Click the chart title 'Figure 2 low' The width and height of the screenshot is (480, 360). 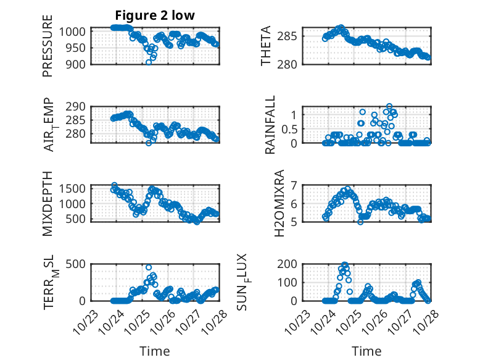pyautogui.click(x=155, y=16)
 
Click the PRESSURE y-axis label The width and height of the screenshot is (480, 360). pyautogui.click(x=48, y=46)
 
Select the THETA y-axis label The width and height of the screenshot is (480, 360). pyautogui.click(x=266, y=46)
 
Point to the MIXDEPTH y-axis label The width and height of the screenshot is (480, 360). pyautogui.click(x=48, y=203)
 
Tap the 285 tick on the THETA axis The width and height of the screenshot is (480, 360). pyautogui.click(x=292, y=36)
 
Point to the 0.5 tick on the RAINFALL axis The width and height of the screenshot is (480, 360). pyautogui.click(x=290, y=128)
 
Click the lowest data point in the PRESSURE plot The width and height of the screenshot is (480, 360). pyautogui.click(x=149, y=62)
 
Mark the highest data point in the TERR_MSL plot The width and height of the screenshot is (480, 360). pyautogui.click(x=149, y=267)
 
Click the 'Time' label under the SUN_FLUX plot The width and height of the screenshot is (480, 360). pyautogui.click(x=366, y=351)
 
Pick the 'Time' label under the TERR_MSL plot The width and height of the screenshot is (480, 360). pyautogui.click(x=155, y=351)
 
